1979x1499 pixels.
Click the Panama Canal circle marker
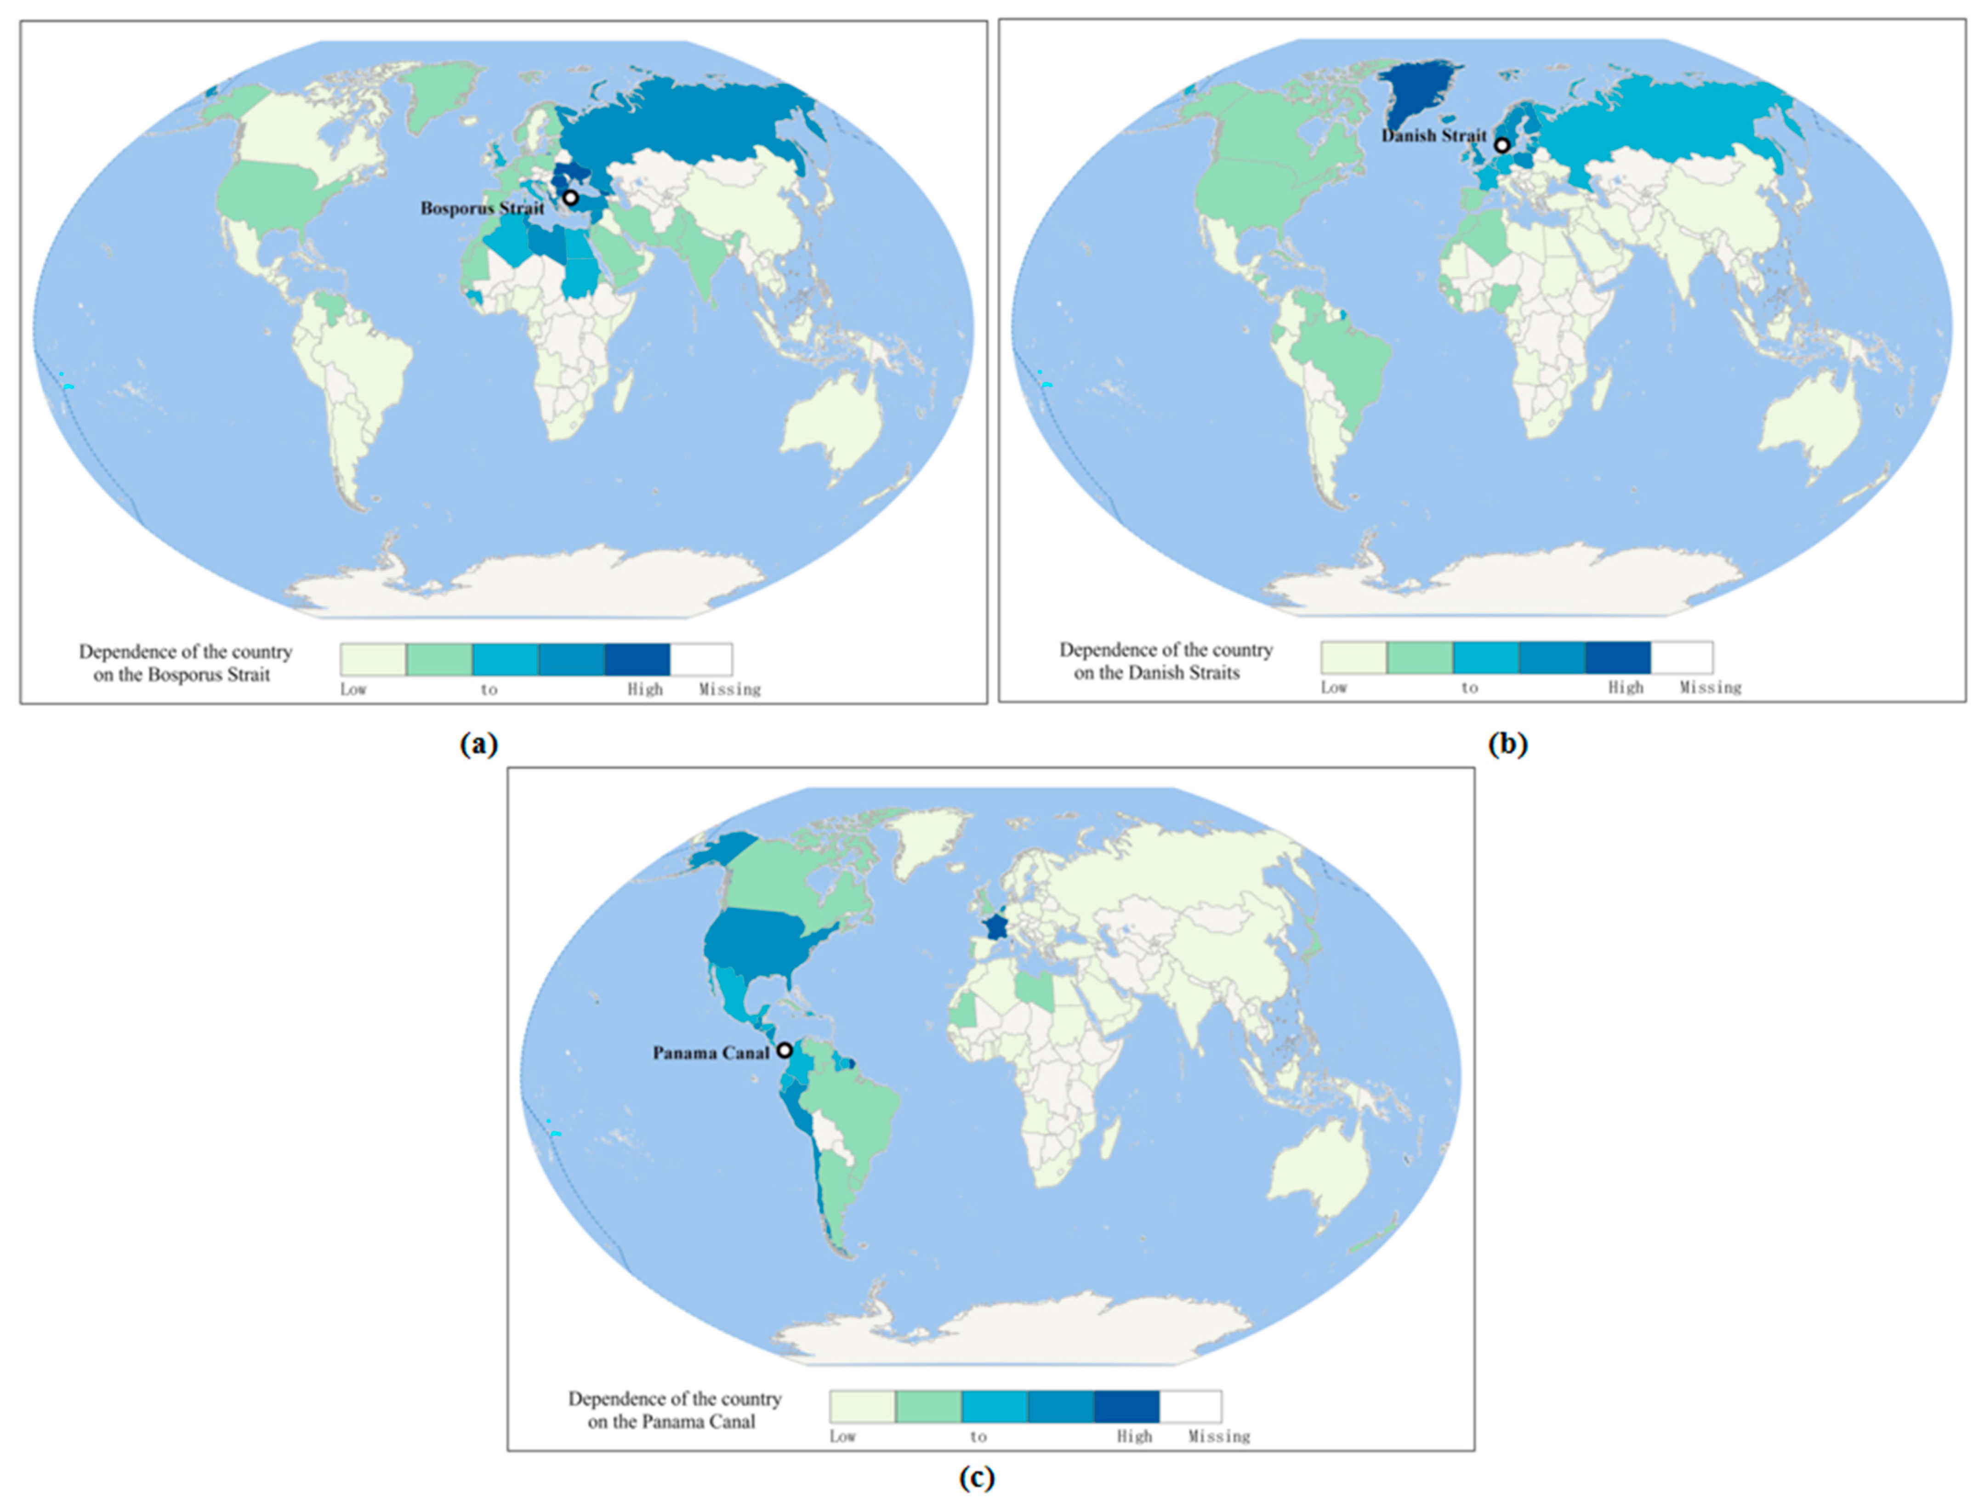click(784, 1051)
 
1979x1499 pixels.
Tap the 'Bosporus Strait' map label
click(482, 208)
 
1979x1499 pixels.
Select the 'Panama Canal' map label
click(711, 1053)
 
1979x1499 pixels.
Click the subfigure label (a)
click(478, 744)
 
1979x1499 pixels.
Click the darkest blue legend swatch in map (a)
click(637, 659)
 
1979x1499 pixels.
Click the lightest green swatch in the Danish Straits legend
click(1353, 658)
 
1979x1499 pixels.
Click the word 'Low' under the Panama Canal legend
click(842, 1437)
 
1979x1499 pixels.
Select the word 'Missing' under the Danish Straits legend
click(1710, 688)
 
